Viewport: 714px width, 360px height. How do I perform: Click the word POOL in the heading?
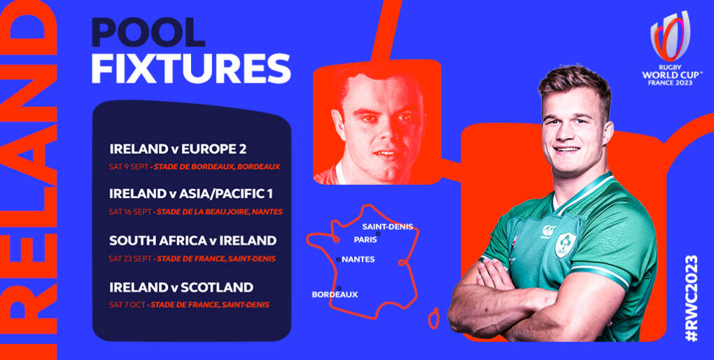pyautogui.click(x=148, y=33)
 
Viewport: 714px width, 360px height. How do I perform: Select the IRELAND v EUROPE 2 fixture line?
pyautogui.click(x=178, y=149)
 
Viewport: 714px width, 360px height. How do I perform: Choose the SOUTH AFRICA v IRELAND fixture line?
pyautogui.click(x=192, y=240)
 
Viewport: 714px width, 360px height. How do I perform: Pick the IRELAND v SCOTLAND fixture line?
pyautogui.click(x=181, y=287)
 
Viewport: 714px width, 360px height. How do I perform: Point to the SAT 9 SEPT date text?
pyautogui.click(x=129, y=167)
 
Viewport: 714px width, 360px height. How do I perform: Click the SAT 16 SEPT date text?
pyautogui.click(x=131, y=212)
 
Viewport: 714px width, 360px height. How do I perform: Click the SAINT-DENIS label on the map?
pyautogui.click(x=387, y=226)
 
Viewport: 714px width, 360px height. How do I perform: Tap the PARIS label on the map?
pyautogui.click(x=365, y=240)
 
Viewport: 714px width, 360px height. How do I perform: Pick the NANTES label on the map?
pyautogui.click(x=358, y=259)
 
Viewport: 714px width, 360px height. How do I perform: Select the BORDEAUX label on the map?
pyautogui.click(x=335, y=295)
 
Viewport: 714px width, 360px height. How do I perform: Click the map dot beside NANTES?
pyautogui.click(x=339, y=259)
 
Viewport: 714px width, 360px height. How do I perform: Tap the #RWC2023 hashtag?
pyautogui.click(x=692, y=297)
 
